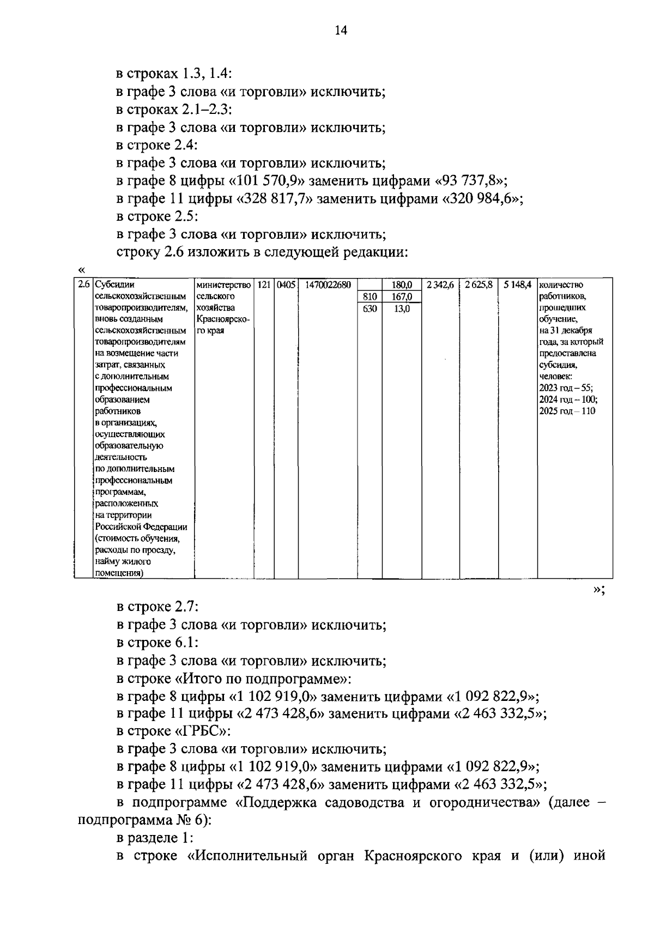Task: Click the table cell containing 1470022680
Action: click(328, 285)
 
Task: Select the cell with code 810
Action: click(370, 296)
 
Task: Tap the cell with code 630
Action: click(370, 308)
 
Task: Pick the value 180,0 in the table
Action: click(402, 285)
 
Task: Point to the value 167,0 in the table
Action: click(402, 296)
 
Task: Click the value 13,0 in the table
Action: click(402, 308)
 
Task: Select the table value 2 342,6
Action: click(440, 285)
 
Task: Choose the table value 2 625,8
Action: click(479, 285)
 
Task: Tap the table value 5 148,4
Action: click(517, 285)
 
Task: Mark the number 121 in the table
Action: click(264, 285)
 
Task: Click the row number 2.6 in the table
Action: click(83, 285)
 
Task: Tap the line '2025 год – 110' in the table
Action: click(567, 411)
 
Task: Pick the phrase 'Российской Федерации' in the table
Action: click(141, 527)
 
